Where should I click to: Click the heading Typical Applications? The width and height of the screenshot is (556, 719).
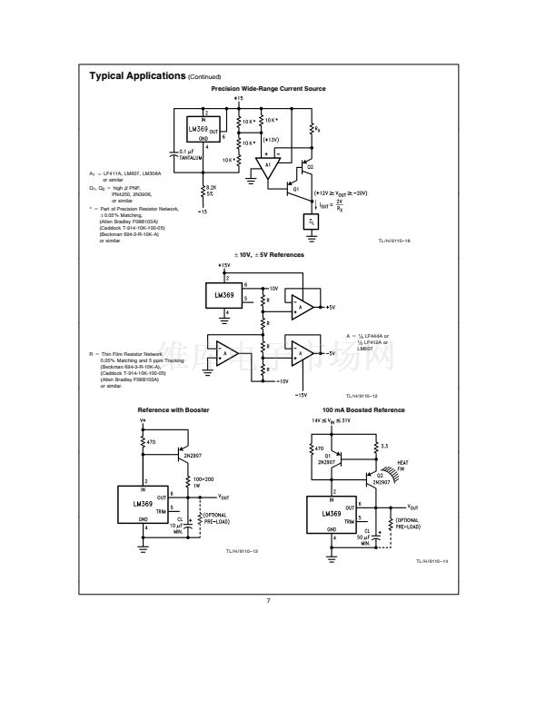point(136,75)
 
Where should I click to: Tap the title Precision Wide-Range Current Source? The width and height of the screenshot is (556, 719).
point(268,89)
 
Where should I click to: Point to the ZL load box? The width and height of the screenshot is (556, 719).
point(312,221)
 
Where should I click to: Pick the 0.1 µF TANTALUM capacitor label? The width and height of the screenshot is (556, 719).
point(189,154)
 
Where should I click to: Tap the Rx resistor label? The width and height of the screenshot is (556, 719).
point(316,129)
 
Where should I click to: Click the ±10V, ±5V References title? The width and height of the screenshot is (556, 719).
point(268,255)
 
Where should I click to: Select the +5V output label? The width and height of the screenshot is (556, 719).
point(332,309)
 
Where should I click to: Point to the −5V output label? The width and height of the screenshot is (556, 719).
point(332,352)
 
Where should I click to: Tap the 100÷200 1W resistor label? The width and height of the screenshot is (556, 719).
point(203,481)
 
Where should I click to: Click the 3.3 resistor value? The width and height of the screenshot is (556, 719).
point(383,447)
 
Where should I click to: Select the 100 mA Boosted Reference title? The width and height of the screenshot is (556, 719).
point(363,410)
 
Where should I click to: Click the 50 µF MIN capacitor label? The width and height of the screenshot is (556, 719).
point(364,539)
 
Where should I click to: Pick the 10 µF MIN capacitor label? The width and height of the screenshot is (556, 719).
point(179,528)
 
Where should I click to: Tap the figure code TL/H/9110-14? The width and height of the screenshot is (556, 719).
point(432,562)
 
